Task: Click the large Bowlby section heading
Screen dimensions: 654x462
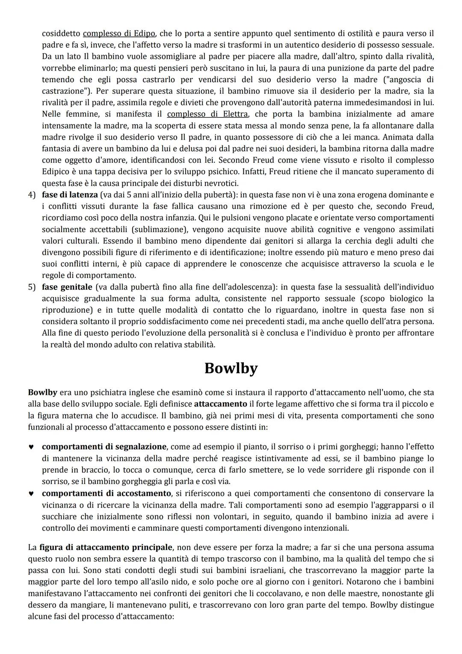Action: (231, 368)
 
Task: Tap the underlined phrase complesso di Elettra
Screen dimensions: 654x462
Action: (207, 114)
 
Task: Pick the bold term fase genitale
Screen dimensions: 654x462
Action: (67, 287)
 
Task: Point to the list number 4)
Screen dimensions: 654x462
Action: (32, 195)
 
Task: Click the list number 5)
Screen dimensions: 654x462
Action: (32, 287)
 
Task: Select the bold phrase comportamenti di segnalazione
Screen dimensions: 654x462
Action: (104, 447)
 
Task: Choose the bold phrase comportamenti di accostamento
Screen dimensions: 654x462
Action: (107, 493)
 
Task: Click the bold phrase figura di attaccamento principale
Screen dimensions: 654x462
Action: (106, 547)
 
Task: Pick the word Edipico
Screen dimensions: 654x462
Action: (56, 172)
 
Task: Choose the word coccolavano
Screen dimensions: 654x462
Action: (287, 594)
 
